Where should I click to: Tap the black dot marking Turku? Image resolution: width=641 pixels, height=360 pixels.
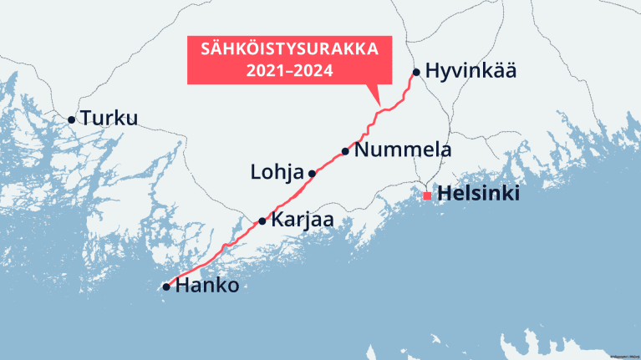72,120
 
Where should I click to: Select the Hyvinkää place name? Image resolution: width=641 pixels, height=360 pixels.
471,71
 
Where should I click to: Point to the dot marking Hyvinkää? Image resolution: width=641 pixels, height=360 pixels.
416,72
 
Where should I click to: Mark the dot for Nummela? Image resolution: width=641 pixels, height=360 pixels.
345,151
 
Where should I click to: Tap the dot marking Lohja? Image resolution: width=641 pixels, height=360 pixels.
312,174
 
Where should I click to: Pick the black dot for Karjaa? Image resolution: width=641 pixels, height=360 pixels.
262,221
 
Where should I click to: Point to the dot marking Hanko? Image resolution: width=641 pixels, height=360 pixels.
166,287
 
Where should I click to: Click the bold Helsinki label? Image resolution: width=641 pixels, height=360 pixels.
479,195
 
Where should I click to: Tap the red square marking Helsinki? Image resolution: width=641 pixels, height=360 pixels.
427,195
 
